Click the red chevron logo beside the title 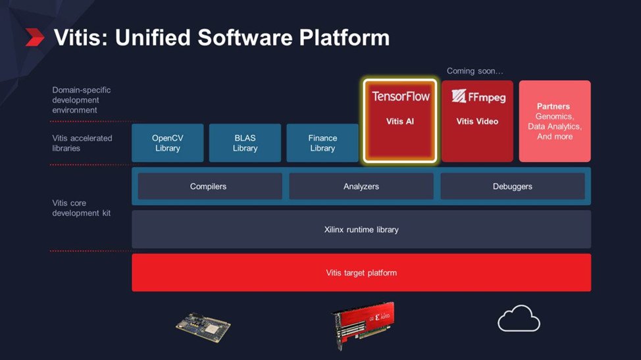35,38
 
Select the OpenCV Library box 168,143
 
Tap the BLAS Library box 245,143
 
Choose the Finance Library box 322,143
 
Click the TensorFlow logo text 401,97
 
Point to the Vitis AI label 400,121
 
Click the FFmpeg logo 478,97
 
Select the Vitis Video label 478,121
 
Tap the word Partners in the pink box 553,106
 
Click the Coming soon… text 474,71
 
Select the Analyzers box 361,186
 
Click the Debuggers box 513,186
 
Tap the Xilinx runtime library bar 361,229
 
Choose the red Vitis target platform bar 361,272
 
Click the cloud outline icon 519,319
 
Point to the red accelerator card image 363,324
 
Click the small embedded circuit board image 203,327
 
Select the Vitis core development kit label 82,208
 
